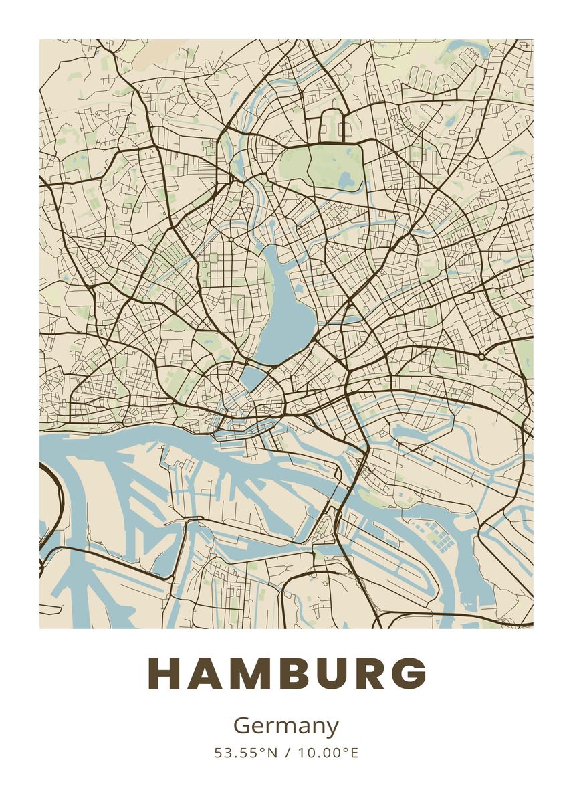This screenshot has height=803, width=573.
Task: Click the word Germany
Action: point(286,726)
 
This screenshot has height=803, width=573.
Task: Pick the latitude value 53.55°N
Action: point(245,753)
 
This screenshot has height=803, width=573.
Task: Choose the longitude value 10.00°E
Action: point(328,753)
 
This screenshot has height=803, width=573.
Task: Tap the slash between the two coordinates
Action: point(288,753)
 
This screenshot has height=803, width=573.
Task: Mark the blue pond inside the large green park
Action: point(346,179)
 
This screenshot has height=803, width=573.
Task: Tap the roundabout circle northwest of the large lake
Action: point(231,239)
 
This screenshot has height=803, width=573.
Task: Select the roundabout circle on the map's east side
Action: point(481,357)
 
